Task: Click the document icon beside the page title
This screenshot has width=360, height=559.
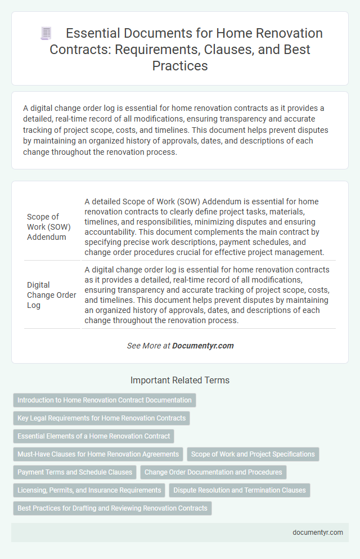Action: [46, 34]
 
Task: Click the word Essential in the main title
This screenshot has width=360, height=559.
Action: [93, 34]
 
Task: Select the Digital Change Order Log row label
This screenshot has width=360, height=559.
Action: [51, 294]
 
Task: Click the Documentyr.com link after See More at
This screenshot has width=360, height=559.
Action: [203, 346]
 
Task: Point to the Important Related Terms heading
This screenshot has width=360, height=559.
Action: [180, 381]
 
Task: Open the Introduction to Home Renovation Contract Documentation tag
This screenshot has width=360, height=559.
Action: [105, 400]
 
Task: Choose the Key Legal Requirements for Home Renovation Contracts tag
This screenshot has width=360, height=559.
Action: [101, 418]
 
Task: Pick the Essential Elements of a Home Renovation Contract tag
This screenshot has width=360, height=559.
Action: [94, 436]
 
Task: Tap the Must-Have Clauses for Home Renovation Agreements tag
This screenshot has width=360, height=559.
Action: [98, 454]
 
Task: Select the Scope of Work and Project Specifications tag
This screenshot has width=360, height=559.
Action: [253, 454]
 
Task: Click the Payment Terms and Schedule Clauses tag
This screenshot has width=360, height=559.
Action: [75, 472]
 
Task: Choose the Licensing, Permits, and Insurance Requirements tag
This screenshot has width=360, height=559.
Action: [89, 490]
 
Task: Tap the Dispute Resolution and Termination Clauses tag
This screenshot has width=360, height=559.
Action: [240, 490]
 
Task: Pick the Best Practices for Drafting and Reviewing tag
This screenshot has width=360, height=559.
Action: [112, 508]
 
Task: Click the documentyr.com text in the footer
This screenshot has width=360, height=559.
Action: [317, 533]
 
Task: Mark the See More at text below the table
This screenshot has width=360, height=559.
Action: [148, 346]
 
